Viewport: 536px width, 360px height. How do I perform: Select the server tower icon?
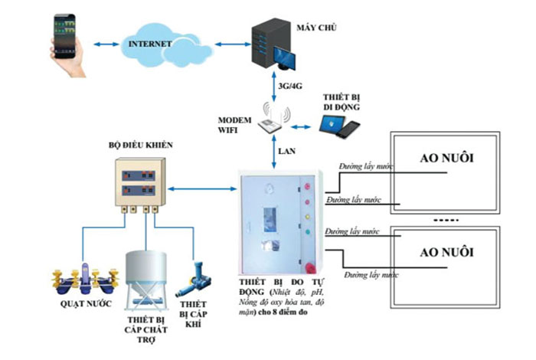pos(273,44)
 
